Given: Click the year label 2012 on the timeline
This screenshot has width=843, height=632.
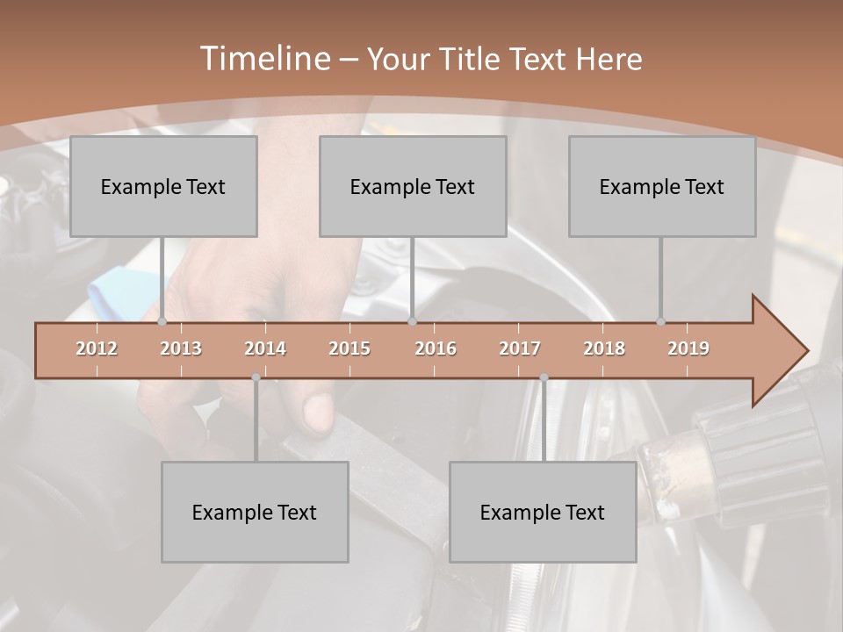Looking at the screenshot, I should [97, 348].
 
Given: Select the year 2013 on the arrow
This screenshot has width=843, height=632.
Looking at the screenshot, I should [181, 348].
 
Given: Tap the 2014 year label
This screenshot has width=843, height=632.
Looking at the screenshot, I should [265, 348].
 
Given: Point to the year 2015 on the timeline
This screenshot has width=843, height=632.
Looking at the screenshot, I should [349, 348].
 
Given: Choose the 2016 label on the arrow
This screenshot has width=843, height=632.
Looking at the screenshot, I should [436, 348].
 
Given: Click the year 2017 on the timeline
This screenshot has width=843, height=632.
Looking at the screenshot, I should [520, 348].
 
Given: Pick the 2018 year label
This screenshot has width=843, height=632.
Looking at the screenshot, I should [604, 348].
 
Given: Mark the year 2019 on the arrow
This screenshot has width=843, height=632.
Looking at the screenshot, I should [688, 348].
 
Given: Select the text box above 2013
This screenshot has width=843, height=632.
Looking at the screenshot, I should [163, 186].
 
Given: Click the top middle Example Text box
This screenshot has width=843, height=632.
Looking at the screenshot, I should [413, 186].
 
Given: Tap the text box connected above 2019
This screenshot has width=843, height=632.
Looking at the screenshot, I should [662, 186].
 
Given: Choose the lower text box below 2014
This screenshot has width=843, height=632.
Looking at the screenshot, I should [255, 512].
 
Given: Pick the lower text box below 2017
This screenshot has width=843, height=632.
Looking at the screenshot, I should [543, 512].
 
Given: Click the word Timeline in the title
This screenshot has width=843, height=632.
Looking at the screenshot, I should [263, 58].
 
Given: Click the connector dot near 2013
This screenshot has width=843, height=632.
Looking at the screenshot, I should [162, 322].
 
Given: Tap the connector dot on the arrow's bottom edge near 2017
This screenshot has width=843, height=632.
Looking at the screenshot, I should [544, 377].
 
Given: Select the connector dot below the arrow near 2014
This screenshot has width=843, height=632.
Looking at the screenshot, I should [256, 377].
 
